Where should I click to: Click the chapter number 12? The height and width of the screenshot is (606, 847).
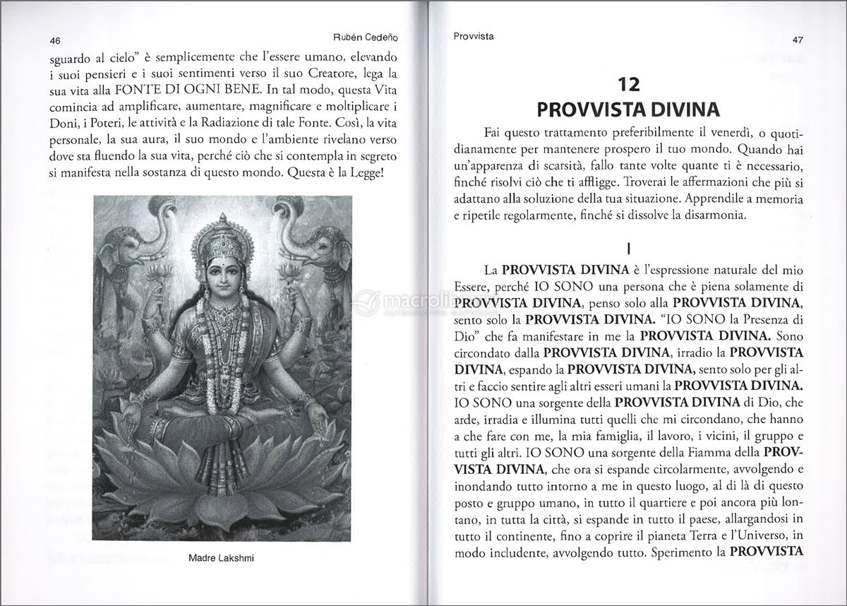[628, 86]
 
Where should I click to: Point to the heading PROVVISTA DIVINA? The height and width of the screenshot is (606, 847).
[627, 110]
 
